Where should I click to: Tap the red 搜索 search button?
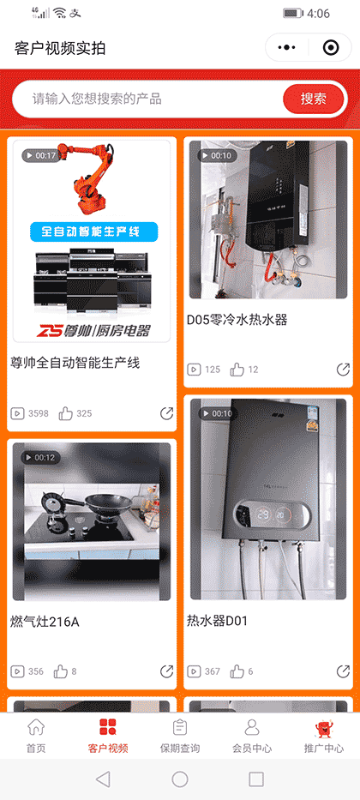tap(313, 99)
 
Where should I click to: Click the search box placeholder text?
tap(97, 99)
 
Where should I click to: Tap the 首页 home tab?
tap(36, 736)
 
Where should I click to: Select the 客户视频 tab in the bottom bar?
tap(108, 736)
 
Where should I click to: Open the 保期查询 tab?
tap(180, 736)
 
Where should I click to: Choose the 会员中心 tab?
tap(252, 736)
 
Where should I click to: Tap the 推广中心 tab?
tap(324, 736)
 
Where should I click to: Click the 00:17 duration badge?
tap(40, 155)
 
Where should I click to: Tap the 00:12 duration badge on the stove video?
tap(40, 457)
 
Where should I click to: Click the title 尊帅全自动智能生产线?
tap(75, 363)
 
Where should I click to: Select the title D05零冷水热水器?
tap(237, 320)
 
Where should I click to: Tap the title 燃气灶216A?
tap(45, 622)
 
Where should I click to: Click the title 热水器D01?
tap(218, 620)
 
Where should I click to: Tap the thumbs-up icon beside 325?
tap(66, 413)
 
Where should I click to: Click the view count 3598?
tap(38, 413)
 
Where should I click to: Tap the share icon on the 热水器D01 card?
tap(343, 671)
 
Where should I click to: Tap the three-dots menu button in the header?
tap(287, 48)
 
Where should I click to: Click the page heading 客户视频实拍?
tap(60, 48)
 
